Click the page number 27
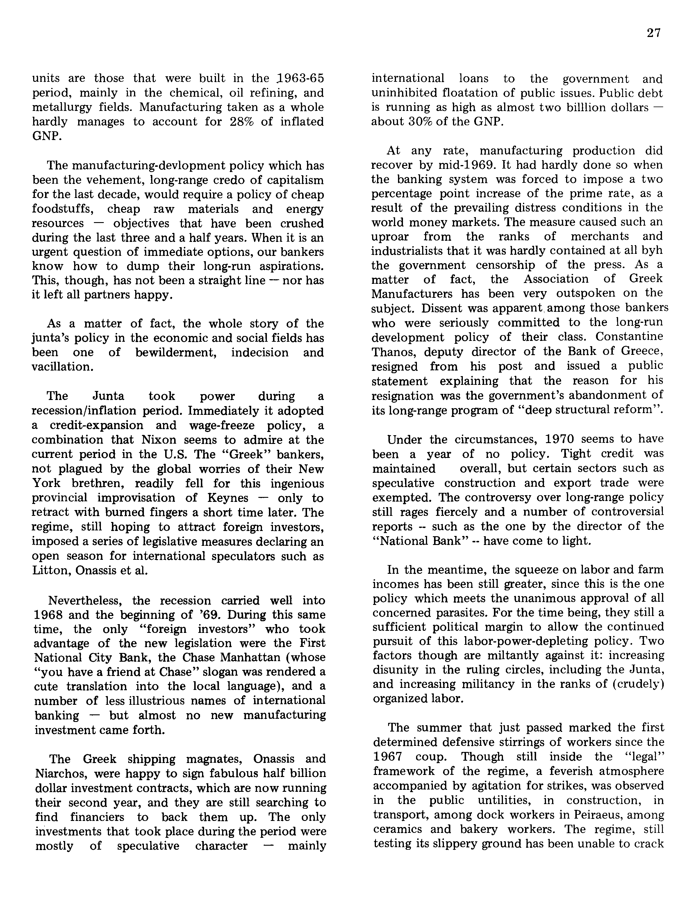(x=653, y=33)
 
